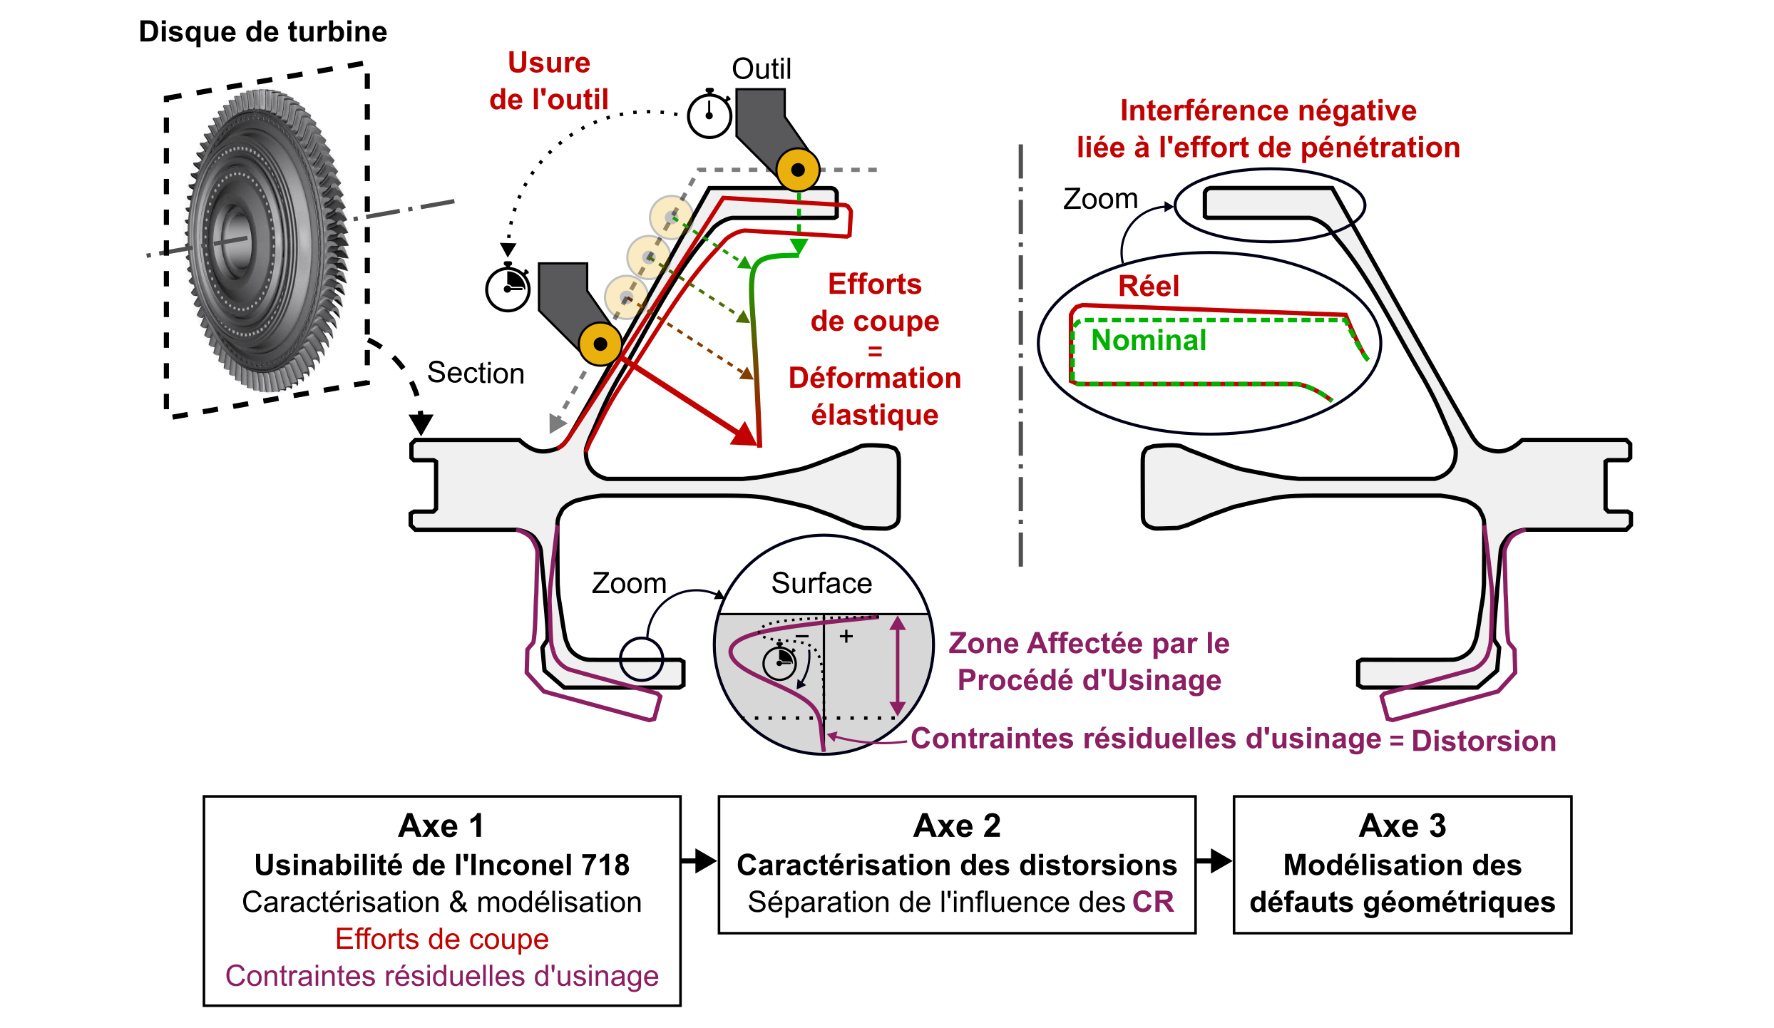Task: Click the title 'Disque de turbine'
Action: pyautogui.click(x=262, y=32)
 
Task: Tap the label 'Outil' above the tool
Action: pyautogui.click(x=762, y=69)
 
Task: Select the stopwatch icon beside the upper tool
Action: pyautogui.click(x=709, y=115)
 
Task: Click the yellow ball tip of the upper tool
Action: pyautogui.click(x=798, y=170)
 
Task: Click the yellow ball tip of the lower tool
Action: pyautogui.click(x=600, y=344)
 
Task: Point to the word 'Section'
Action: pyautogui.click(x=476, y=373)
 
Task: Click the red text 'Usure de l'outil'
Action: pyautogui.click(x=548, y=81)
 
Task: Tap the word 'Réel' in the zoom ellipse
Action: pyautogui.click(x=1149, y=286)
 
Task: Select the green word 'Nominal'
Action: pyautogui.click(x=1149, y=340)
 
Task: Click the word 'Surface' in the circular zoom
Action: pyautogui.click(x=821, y=583)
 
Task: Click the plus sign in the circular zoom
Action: pyautogui.click(x=846, y=636)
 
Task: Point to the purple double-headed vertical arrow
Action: pyautogui.click(x=898, y=666)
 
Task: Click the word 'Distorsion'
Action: pyautogui.click(x=1483, y=741)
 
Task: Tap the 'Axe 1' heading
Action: pyautogui.click(x=441, y=826)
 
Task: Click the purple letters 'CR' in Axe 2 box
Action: pyautogui.click(x=1153, y=902)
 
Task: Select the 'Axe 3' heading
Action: pyautogui.click(x=1402, y=826)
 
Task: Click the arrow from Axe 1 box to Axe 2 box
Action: pyautogui.click(x=699, y=860)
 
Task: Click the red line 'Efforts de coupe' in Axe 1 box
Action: pyautogui.click(x=441, y=939)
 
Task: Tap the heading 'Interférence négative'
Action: pyautogui.click(x=1268, y=110)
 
